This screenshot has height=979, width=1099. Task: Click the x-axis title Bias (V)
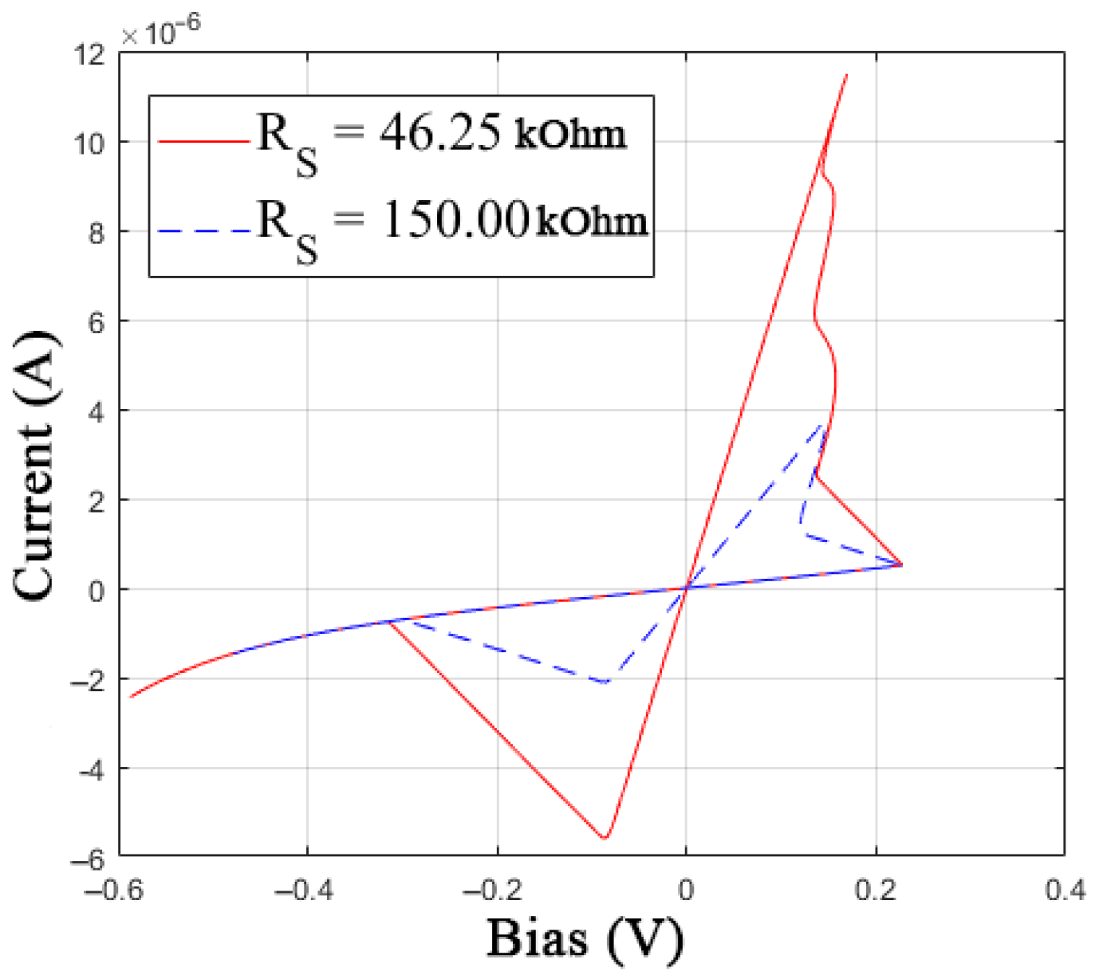coord(585,938)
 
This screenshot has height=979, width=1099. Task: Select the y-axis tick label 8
coord(97,234)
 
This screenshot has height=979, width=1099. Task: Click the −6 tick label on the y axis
coord(88,859)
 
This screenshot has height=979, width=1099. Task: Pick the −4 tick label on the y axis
coord(88,770)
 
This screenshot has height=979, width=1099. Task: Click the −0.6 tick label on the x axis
coord(114,889)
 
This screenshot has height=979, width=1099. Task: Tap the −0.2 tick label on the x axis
coord(492,889)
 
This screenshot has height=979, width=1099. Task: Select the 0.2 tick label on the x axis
coord(876,889)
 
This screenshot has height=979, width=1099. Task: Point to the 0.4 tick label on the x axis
coord(1066,889)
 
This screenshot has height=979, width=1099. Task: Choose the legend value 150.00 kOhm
coord(514,219)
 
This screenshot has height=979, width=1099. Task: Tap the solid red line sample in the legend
coord(204,142)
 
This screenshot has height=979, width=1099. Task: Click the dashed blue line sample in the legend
coord(204,231)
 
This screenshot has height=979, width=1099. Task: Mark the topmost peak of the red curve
coord(846,75)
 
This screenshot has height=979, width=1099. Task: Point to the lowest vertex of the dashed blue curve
coord(605,682)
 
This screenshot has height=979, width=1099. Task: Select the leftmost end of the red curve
coord(131,697)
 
